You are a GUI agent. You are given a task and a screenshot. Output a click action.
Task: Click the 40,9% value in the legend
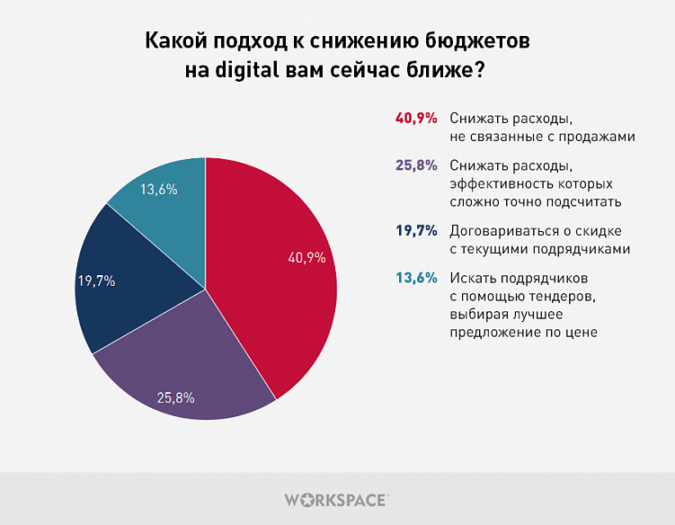point(415,119)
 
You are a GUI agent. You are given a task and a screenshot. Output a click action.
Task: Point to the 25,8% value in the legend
point(415,165)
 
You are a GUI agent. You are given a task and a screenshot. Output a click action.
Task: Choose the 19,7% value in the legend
point(415,231)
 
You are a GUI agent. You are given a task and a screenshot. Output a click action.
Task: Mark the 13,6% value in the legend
point(415,278)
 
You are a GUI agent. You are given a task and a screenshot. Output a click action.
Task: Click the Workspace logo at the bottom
point(337,499)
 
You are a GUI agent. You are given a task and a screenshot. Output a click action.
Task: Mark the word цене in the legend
point(582,332)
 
